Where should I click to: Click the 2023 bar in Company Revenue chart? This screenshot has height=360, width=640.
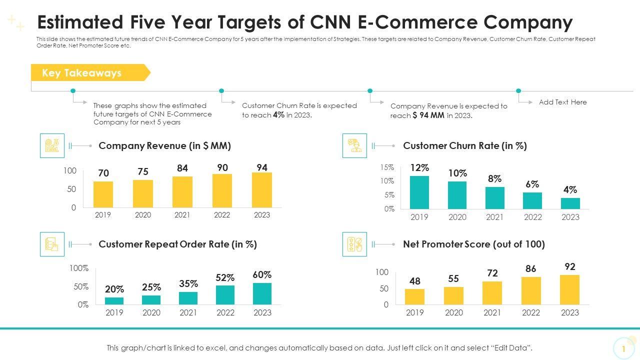point(262,190)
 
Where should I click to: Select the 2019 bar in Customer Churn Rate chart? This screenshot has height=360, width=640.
point(419,192)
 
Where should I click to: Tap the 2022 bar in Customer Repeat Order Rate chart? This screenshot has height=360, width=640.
point(225,295)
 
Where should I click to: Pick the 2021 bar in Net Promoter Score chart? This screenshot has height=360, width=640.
point(492,293)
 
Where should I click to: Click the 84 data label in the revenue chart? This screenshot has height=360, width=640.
point(182,168)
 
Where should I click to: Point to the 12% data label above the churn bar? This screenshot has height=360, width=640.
point(419,167)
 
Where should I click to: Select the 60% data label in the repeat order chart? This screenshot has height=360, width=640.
point(262,274)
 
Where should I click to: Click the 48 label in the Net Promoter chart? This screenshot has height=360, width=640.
point(415,281)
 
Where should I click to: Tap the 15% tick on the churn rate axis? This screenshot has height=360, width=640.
point(387,167)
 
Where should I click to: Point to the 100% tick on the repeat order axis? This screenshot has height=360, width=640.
point(79,268)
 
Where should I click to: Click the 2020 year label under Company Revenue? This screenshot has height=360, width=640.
point(142,215)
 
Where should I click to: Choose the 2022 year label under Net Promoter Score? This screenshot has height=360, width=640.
point(531,312)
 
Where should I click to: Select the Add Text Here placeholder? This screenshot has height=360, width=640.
point(562,102)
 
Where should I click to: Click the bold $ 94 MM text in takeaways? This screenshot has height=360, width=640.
point(428,115)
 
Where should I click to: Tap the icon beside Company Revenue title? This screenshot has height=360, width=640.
point(52,145)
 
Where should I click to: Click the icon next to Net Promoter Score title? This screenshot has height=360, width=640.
point(354,244)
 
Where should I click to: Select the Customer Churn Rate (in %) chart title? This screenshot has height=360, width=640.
point(464,145)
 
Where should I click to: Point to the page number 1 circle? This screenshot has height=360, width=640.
point(623,348)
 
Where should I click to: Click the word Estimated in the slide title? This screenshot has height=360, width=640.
point(80,22)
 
